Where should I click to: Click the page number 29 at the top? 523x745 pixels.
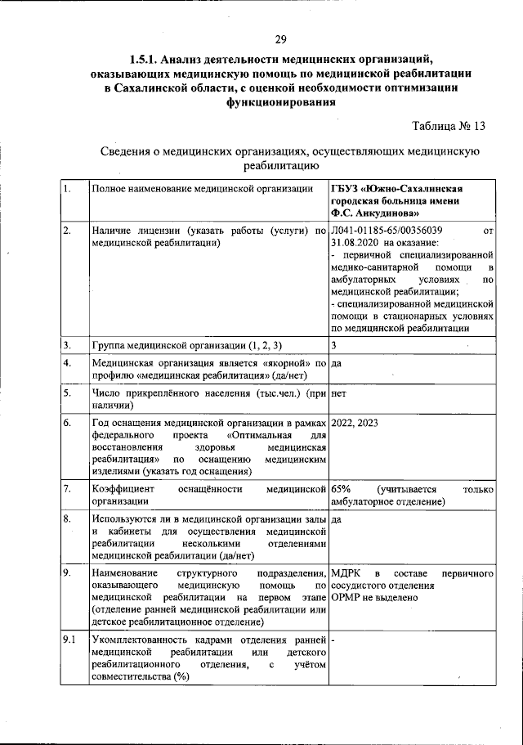(280, 39)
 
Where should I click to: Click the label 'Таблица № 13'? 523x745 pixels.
(449, 126)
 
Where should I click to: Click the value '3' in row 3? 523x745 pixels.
(334, 343)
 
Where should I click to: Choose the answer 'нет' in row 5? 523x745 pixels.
(339, 393)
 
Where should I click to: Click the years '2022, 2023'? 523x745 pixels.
(355, 423)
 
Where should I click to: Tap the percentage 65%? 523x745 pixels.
(342, 489)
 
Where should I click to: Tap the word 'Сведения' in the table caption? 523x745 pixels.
(129, 151)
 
